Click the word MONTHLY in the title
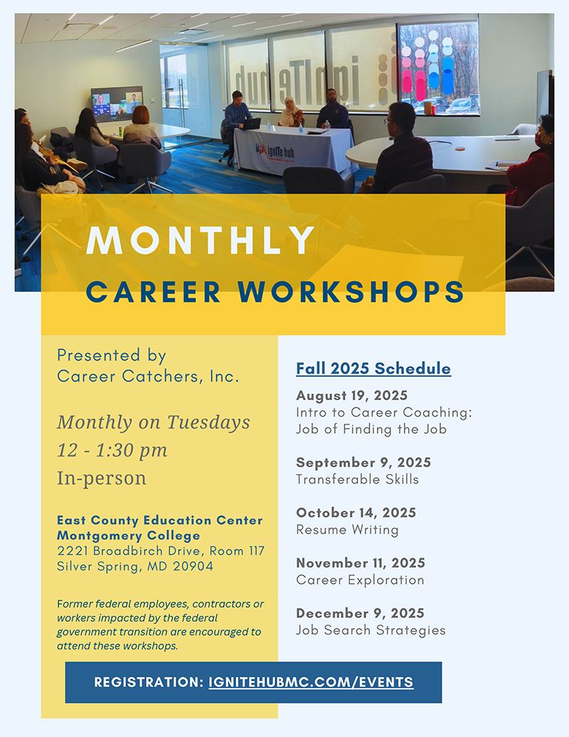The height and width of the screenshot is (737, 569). tap(201, 241)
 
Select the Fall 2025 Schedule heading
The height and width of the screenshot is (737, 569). tap(373, 368)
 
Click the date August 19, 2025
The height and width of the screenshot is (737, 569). tap(352, 395)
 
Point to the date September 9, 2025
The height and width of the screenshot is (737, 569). tap(363, 463)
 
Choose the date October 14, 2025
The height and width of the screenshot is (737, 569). tap(356, 513)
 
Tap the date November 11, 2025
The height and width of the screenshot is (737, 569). tap(361, 563)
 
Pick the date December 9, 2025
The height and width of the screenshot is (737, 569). tap(360, 613)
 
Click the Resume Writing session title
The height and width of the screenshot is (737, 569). tap(347, 530)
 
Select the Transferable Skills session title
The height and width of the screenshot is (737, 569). tap(358, 479)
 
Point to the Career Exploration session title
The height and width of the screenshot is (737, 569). tap(360, 580)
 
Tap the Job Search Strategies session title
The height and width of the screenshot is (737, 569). tap(371, 630)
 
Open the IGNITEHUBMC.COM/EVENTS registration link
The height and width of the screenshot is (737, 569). tap(311, 681)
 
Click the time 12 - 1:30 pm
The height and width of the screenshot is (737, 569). tap(112, 450)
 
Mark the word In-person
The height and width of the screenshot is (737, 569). tap(102, 478)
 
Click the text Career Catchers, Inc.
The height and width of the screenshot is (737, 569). tap(148, 377)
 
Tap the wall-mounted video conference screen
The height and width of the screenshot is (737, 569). tap(117, 104)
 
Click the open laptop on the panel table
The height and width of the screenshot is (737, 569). tap(250, 122)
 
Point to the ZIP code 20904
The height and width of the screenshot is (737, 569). tap(191, 567)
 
